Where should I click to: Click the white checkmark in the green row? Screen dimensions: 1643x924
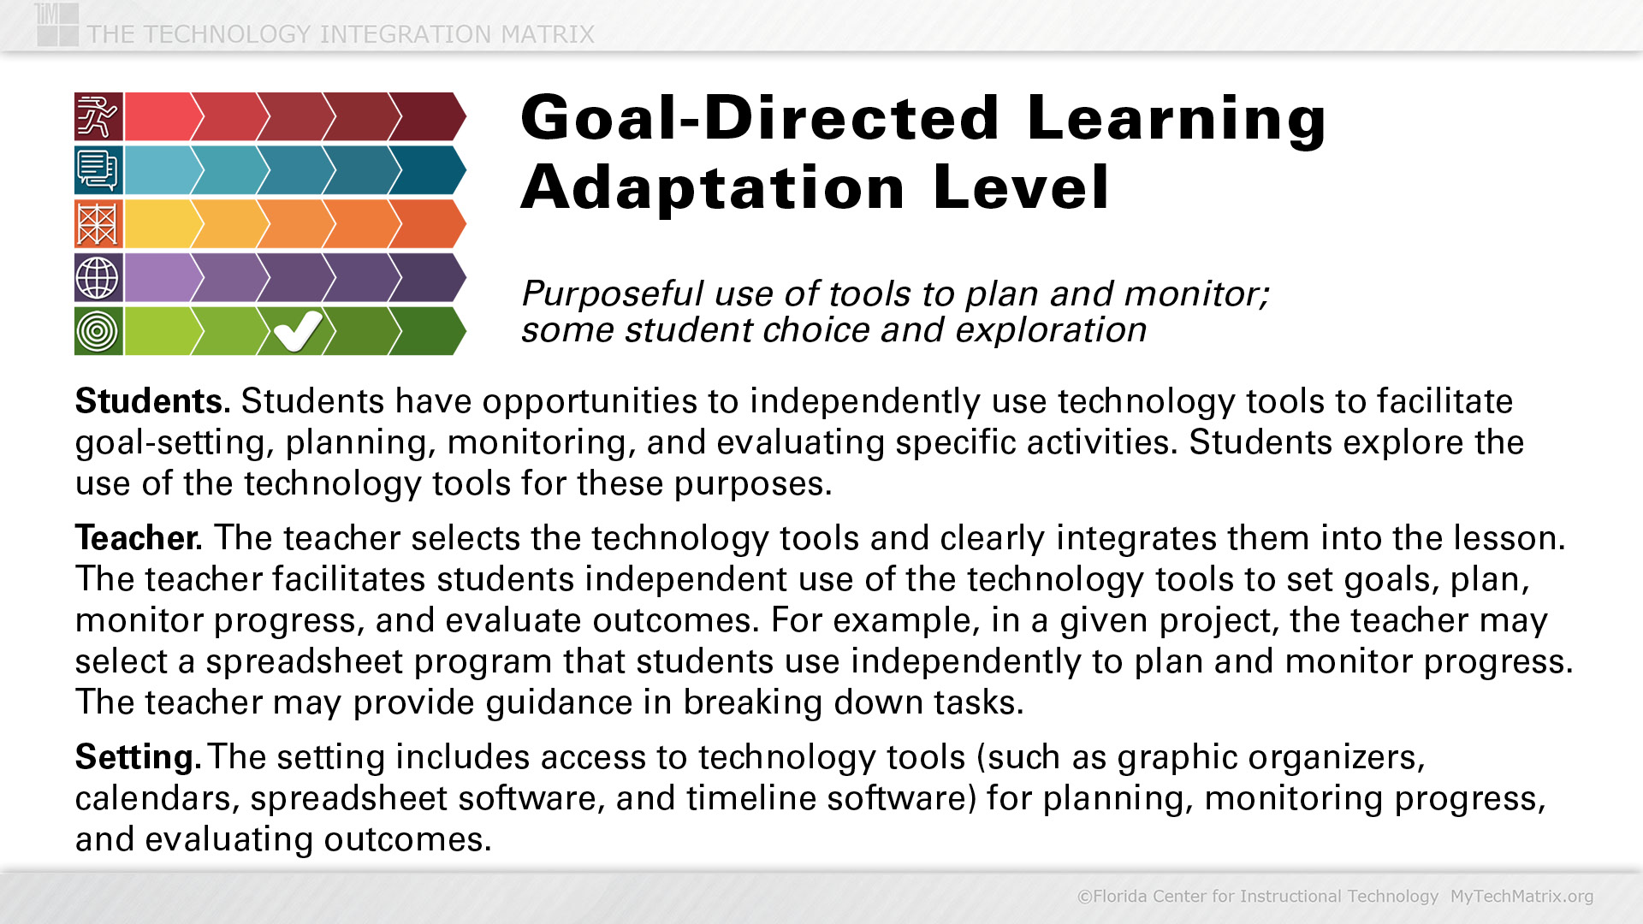298,330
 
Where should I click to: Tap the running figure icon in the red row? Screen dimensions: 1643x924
98,116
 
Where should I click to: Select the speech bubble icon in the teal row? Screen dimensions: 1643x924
98,169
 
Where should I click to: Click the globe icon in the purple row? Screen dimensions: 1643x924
98,277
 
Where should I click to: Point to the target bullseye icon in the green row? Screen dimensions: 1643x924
98,330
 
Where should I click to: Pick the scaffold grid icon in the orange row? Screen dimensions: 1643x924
98,223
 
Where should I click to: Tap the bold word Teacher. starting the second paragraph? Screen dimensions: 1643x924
139,538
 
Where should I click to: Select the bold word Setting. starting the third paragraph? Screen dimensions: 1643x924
139,758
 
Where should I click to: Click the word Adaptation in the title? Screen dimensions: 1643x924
714,187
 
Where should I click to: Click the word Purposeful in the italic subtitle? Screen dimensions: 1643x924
613,294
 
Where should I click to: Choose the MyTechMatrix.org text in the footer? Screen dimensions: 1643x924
1521,896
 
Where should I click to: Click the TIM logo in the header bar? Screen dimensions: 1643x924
58,23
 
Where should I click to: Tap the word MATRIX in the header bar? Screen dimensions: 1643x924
548,34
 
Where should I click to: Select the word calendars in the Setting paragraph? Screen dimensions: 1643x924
157,798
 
